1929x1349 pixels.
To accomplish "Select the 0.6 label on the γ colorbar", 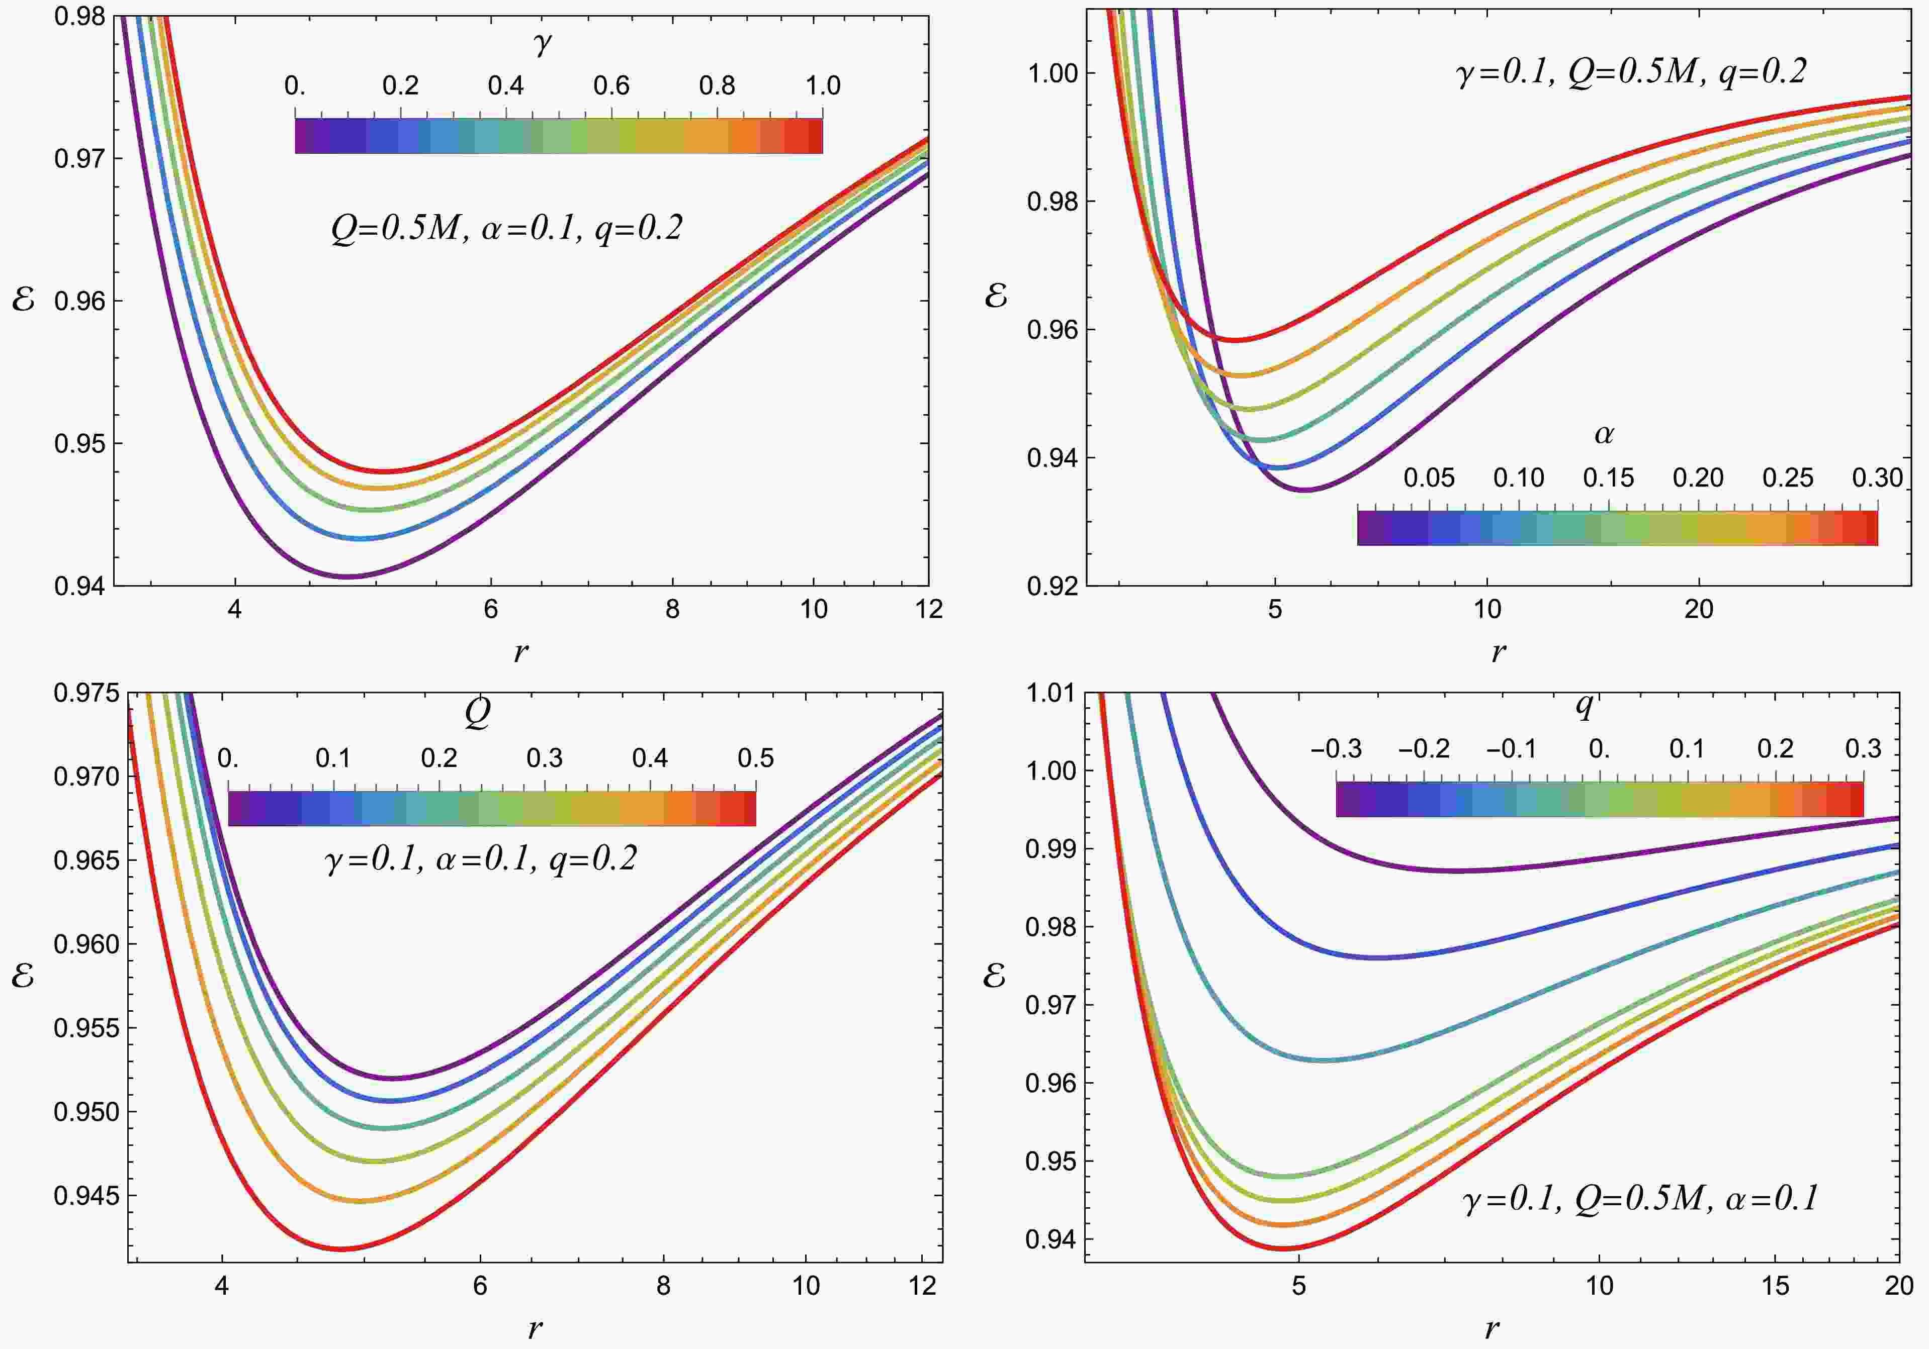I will click(x=611, y=85).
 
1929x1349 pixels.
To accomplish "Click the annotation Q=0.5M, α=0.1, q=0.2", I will click(x=506, y=229).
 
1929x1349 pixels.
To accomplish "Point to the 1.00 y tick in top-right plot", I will click(x=1052, y=73).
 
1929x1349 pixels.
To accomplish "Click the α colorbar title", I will click(x=1603, y=434).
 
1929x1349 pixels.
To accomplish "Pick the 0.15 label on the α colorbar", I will click(x=1608, y=478).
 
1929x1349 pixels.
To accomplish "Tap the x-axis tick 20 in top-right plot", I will click(x=1698, y=609).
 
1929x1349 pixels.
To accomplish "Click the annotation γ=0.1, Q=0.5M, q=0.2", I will click(x=1630, y=73).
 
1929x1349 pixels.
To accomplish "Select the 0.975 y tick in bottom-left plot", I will click(x=86, y=693).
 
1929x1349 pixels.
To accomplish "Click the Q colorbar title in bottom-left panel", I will click(x=477, y=714).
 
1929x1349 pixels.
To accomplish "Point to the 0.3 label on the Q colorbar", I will click(x=545, y=758).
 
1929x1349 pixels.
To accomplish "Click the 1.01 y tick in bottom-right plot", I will click(x=1050, y=693).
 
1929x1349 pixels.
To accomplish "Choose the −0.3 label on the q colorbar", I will click(x=1336, y=748).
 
